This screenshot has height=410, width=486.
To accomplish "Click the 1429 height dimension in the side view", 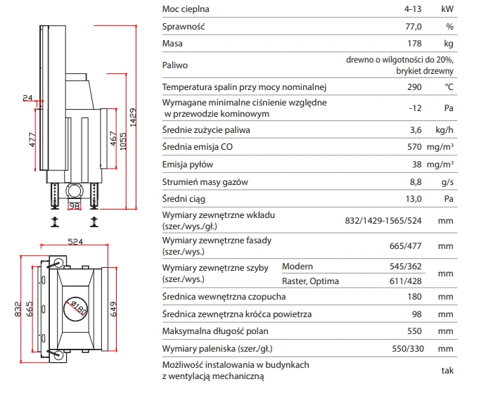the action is (133, 117).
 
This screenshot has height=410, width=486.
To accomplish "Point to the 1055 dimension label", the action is (123, 141).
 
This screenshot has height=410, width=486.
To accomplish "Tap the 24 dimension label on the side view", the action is (27, 98).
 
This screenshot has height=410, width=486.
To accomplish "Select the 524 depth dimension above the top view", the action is (75, 241).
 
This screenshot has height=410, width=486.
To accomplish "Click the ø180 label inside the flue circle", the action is (79, 307).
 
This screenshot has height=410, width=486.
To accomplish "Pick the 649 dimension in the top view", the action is (113, 309).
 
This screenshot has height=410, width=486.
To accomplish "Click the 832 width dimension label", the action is (18, 309).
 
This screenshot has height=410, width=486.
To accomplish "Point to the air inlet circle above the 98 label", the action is (75, 191).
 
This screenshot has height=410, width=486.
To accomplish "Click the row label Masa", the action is (172, 44).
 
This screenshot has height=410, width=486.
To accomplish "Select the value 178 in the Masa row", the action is (414, 44).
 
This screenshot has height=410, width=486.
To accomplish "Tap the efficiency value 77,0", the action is (414, 27).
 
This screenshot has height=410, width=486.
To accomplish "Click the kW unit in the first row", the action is (447, 9).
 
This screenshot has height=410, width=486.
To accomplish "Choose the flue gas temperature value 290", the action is (414, 87).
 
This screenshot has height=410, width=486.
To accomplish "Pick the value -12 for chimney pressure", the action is (416, 108).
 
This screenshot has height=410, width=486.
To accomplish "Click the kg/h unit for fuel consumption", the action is (445, 130).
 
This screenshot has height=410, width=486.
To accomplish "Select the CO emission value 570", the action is (414, 147).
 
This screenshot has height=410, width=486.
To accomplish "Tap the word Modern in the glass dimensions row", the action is (298, 267).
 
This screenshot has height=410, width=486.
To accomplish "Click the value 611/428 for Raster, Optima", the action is (405, 281).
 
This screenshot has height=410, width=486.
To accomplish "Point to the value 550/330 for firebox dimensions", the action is (408, 349).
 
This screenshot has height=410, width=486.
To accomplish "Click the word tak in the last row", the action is (447, 371).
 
